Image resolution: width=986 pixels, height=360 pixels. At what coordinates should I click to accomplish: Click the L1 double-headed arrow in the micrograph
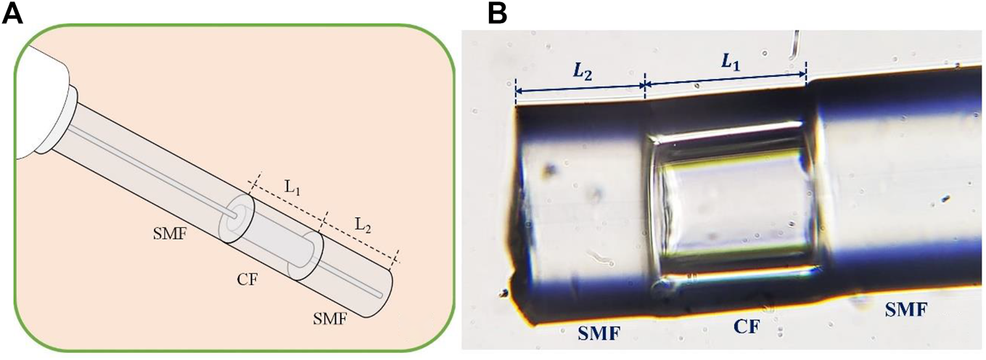(x=725, y=81)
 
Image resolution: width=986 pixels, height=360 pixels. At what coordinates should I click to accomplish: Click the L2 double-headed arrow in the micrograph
(x=580, y=88)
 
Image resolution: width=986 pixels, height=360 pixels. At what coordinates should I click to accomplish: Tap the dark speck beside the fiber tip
(x=503, y=294)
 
